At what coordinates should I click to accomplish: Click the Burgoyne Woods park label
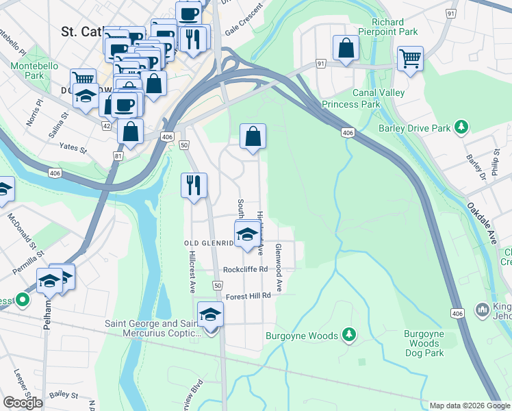[x=302, y=336]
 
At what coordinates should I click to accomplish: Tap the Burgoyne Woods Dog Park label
[x=424, y=343]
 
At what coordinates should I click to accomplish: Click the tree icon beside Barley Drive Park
[x=463, y=127]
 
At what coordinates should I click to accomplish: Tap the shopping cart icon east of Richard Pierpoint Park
[x=410, y=59]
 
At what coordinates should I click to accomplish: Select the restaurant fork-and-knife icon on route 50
[x=194, y=185]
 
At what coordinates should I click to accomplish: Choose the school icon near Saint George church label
[x=211, y=314]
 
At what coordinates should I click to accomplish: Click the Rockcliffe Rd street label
[x=244, y=269]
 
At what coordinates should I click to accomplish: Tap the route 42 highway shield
[x=106, y=126]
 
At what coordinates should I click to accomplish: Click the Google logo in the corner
[x=23, y=403]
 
